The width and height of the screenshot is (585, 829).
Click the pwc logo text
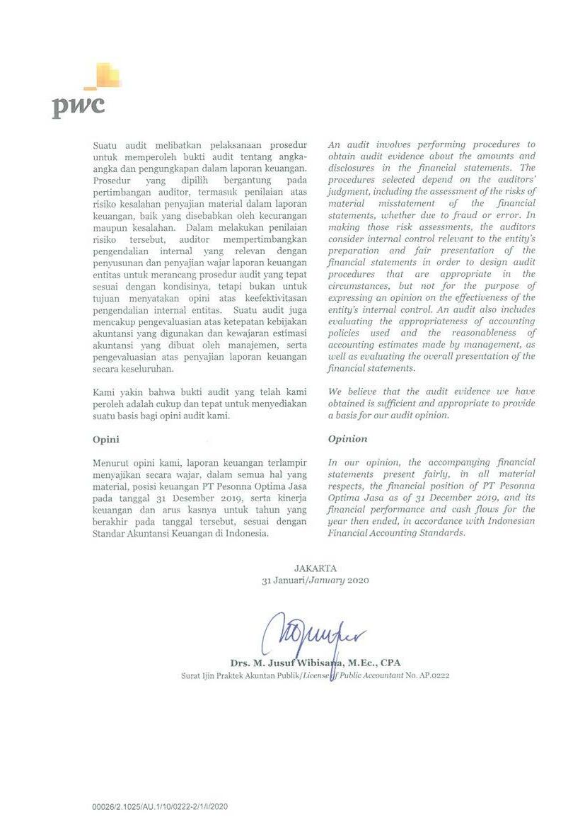tap(78, 107)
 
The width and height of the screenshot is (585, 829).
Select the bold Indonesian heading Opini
tap(106, 439)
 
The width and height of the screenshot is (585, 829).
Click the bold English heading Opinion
tap(347, 439)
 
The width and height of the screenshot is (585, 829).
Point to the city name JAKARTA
tap(315, 568)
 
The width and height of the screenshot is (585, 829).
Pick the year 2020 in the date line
tap(358, 581)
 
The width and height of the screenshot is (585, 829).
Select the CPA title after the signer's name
tap(390, 663)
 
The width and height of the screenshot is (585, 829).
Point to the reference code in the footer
tap(159, 806)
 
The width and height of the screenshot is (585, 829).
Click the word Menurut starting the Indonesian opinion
tap(110, 462)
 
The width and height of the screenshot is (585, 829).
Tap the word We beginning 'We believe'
tap(335, 391)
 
